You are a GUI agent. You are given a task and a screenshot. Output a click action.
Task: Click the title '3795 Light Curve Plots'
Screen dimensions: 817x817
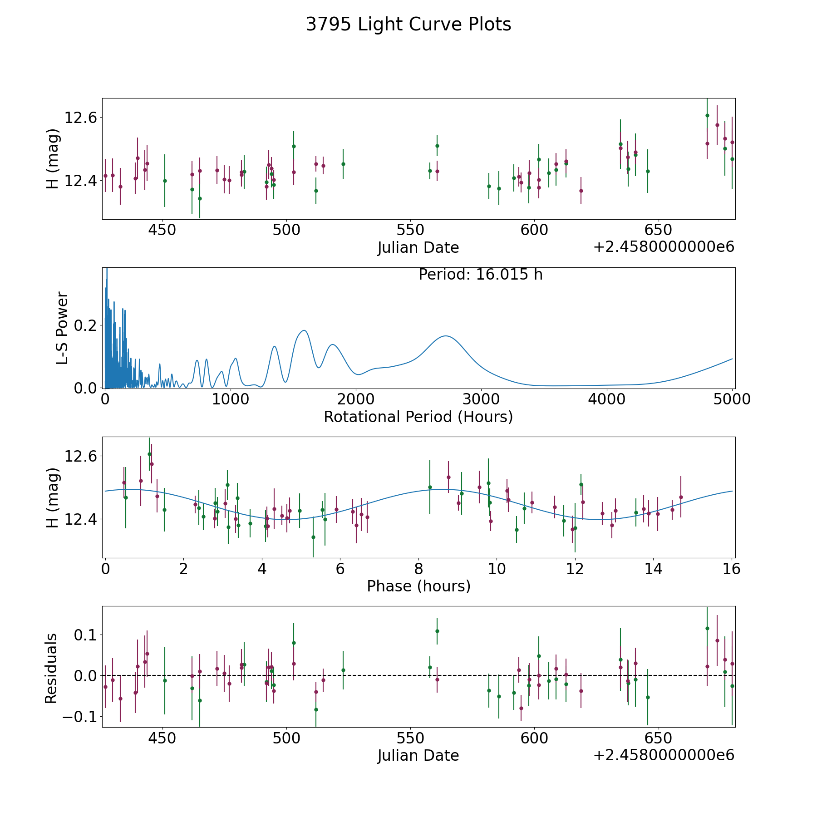point(408,25)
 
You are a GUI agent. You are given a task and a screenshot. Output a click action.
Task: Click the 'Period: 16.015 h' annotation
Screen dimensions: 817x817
point(480,275)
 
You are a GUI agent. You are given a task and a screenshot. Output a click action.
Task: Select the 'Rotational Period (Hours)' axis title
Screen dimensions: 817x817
point(418,417)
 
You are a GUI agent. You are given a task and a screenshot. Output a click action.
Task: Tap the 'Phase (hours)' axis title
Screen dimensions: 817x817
point(418,586)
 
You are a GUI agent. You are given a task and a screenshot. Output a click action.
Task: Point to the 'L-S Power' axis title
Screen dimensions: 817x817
point(62,328)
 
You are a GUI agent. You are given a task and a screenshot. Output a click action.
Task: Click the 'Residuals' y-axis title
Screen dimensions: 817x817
point(51,669)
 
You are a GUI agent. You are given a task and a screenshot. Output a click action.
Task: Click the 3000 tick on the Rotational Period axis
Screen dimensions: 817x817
point(482,399)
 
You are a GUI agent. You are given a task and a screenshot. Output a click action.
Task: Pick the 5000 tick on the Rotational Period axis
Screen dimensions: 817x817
point(732,399)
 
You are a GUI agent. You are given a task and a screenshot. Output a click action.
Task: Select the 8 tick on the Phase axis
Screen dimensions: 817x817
point(418,569)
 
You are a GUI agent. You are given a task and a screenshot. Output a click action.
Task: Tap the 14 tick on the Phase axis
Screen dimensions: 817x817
point(654,569)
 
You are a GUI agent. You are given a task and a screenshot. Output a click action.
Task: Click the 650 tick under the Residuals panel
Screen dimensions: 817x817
point(658,738)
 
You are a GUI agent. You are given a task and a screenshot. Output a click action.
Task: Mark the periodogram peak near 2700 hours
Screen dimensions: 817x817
point(446,336)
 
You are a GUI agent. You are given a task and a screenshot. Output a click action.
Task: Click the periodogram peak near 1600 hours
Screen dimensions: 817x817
point(304,330)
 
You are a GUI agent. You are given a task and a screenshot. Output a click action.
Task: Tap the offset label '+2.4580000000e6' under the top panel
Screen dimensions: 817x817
point(664,247)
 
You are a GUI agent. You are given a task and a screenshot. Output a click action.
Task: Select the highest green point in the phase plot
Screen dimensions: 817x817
point(149,454)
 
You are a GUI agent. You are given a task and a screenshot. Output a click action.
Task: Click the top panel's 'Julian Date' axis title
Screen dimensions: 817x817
point(418,248)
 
